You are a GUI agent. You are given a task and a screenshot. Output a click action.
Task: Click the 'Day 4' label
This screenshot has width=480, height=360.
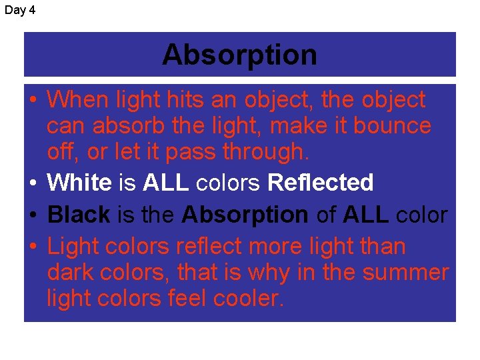click(x=20, y=11)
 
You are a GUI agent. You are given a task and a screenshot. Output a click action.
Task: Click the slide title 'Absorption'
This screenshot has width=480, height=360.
click(x=239, y=55)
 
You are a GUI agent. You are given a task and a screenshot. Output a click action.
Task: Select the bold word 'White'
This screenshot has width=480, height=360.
click(x=79, y=181)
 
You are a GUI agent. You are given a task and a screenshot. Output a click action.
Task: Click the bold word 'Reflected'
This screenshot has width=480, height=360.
click(x=320, y=181)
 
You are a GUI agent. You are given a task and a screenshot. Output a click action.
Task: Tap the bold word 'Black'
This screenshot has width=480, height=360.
click(x=79, y=215)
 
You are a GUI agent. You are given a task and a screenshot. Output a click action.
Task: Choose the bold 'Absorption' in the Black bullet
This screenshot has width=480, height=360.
click(x=245, y=215)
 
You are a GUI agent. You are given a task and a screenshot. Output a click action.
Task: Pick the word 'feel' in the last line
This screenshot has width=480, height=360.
click(x=183, y=299)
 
